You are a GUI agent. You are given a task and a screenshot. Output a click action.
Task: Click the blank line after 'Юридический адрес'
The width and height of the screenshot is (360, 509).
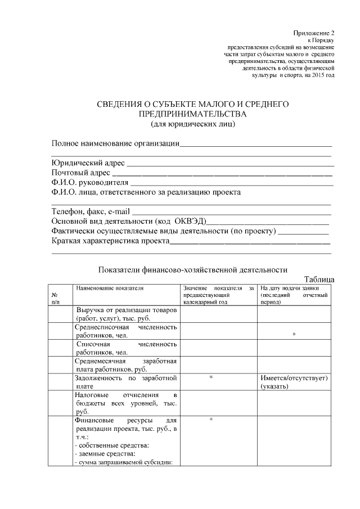(231, 164)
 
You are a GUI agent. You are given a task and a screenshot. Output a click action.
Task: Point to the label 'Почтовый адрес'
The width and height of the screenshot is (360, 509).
(80, 173)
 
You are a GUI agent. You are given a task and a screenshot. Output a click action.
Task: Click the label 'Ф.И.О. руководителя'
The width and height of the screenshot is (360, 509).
(90, 183)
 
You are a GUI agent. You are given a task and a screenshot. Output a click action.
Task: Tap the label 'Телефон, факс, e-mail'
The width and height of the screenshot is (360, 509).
(91, 211)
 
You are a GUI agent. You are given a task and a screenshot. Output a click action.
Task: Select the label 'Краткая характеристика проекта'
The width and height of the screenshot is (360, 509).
(110, 241)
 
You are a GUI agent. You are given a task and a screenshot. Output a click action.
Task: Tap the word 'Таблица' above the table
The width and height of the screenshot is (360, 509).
(319, 279)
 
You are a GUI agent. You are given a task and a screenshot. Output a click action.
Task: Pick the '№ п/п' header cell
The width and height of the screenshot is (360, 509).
(56, 298)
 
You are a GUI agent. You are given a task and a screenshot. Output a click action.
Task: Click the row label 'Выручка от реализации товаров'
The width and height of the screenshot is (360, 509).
(127, 310)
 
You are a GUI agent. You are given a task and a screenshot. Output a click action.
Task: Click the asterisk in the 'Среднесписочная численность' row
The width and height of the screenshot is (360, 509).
(294, 335)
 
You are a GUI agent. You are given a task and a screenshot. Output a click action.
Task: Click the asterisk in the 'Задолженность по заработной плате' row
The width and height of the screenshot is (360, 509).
(210, 378)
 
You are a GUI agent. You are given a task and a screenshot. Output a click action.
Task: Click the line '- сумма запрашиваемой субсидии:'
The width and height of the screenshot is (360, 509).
(123, 462)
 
